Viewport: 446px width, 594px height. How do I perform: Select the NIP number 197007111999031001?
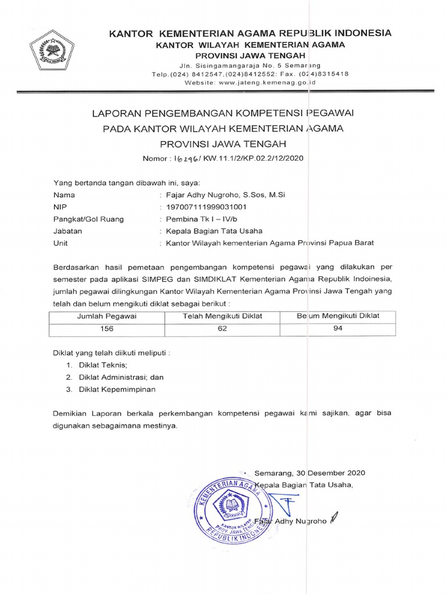coord(206,207)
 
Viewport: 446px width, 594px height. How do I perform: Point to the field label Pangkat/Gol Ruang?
coord(88,219)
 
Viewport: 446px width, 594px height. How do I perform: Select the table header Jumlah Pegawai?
coord(107,316)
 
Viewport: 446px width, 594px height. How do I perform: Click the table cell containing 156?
coord(107,328)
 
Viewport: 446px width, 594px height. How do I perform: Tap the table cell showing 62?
coord(222,328)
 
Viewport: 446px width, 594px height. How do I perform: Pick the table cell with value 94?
coord(338,328)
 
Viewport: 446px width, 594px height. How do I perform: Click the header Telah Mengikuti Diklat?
coord(222,316)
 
